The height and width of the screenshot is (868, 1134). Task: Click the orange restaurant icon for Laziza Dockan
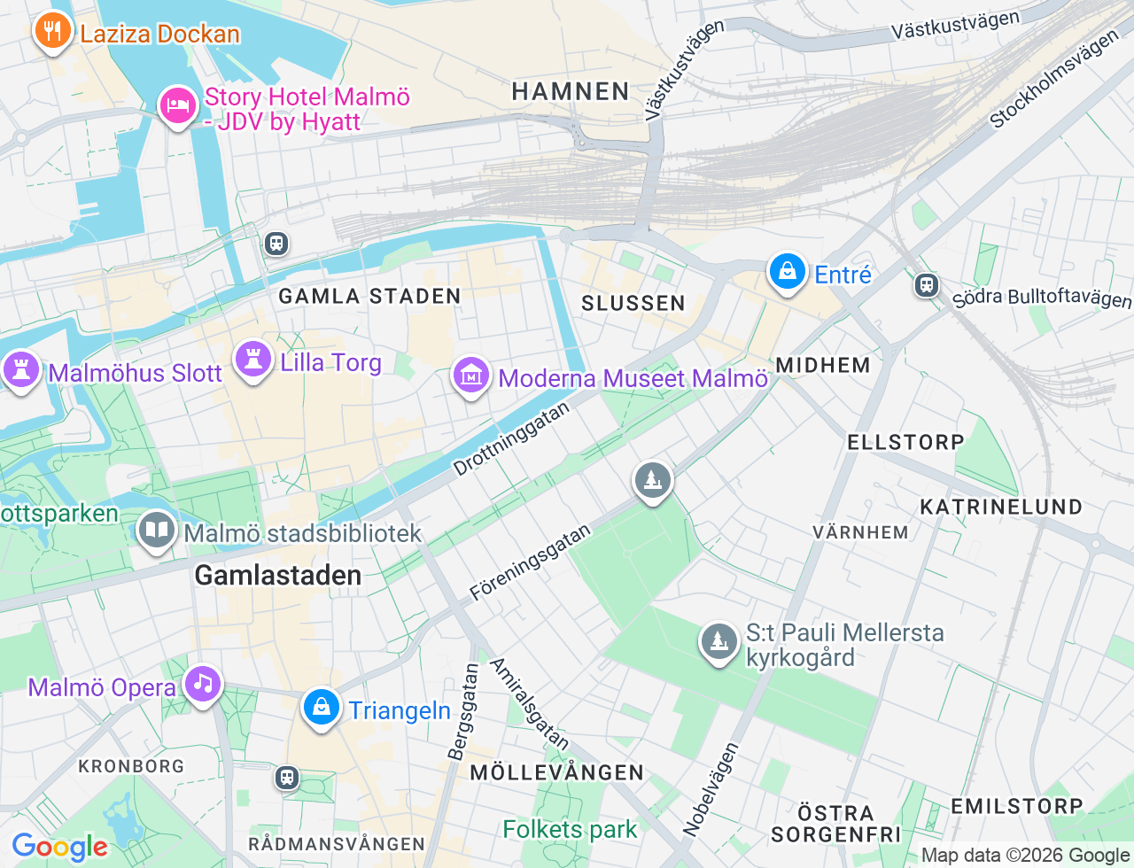pos(53,31)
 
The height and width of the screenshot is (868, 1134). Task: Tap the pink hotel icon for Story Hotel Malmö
pos(178,106)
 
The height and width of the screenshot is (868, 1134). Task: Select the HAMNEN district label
pos(571,91)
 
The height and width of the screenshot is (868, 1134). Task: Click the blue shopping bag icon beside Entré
pos(787,272)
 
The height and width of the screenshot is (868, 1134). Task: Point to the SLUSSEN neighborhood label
pos(633,303)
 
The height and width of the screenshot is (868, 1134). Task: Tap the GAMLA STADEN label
pos(369,296)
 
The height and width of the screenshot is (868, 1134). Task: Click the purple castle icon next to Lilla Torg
pos(253,360)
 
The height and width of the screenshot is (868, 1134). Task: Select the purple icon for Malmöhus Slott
pos(21,369)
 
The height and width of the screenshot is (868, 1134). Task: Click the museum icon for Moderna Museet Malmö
pos(471,376)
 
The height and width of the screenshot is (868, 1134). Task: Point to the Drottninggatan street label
pos(511,439)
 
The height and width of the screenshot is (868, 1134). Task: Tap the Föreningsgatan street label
pos(530,563)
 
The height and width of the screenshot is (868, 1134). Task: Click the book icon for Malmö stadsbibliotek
pos(157,531)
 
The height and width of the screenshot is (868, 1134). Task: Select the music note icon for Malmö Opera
pos(203,684)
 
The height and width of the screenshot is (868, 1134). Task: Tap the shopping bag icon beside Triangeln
pos(322,708)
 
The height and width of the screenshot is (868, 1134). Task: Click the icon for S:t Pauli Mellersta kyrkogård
pos(718,641)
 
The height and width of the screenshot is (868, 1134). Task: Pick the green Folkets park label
pos(570,830)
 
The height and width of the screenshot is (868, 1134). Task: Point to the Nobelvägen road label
pos(711,789)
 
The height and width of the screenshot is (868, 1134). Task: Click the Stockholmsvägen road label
pos(1054,80)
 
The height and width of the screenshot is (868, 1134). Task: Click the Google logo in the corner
pos(60,847)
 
